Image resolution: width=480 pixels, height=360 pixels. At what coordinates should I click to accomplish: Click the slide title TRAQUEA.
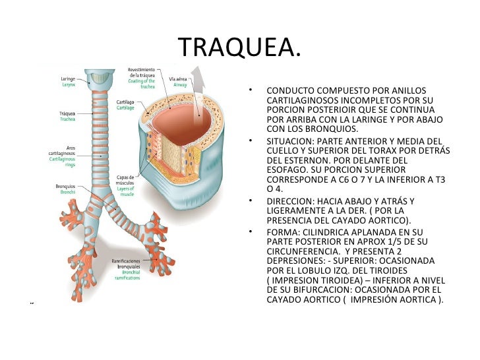(239, 47)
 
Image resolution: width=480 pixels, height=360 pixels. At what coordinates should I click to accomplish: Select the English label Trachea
(69, 119)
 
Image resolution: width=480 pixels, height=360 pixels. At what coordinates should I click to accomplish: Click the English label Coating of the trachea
(142, 84)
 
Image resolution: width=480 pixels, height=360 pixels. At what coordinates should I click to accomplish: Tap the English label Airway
(180, 85)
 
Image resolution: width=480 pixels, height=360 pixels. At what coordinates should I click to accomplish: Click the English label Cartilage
(125, 107)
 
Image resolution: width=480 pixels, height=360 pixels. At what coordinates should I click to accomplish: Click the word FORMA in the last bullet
(281, 232)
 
